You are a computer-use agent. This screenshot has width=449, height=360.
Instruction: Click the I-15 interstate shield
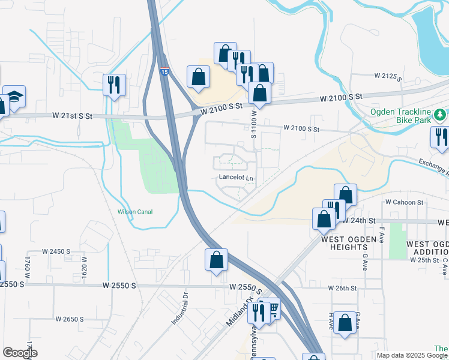click(164, 71)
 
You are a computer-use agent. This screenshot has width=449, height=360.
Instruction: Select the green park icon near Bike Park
click(440, 113)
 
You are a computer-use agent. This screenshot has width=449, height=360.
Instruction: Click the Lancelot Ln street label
click(236, 178)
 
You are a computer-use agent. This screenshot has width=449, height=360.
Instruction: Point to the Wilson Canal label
click(135, 212)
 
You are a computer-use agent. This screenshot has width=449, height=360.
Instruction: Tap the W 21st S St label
click(71, 115)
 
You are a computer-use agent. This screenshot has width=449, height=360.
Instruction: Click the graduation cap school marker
click(14, 97)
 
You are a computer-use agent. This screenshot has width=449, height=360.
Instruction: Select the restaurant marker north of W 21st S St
click(114, 84)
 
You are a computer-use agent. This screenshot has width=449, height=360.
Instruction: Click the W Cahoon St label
click(404, 202)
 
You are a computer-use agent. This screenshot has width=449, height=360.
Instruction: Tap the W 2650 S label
click(70, 319)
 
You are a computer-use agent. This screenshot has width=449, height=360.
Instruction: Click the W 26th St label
click(342, 289)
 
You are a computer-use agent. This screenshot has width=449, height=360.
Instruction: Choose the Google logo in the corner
click(19, 353)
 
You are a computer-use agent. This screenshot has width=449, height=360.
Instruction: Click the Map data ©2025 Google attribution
click(412, 355)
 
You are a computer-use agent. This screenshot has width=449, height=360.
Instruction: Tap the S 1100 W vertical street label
click(254, 123)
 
